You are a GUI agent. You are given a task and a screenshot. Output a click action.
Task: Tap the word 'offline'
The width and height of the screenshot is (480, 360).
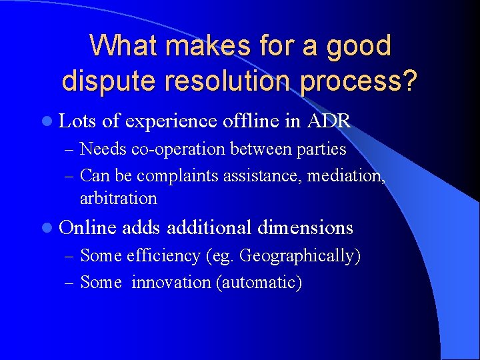pyautogui.click(x=254, y=121)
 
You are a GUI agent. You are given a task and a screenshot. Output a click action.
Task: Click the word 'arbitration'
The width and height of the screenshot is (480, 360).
pyautogui.click(x=119, y=198)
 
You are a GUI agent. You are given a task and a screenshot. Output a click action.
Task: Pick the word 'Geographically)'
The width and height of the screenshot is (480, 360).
pyautogui.click(x=300, y=256)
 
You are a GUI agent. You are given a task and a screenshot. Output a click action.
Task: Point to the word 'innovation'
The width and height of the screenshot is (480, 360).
pyautogui.click(x=171, y=283)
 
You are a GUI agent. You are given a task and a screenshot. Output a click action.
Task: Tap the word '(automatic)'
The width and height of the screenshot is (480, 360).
pyautogui.click(x=259, y=283)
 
